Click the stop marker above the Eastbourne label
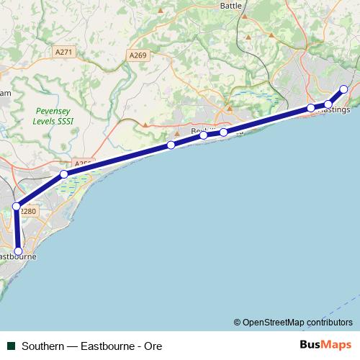pyautogui.click(x=19, y=252)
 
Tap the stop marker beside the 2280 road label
pyautogui.click(x=16, y=207)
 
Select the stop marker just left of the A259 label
pyautogui.click(x=64, y=174)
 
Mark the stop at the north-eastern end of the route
pyautogui.click(x=343, y=89)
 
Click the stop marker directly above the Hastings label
pyautogui.click(x=328, y=105)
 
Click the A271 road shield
pyautogui.click(x=65, y=52)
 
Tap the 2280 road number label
pyautogui.click(x=28, y=211)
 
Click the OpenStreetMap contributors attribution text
pyautogui.click(x=292, y=322)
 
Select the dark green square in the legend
pyautogui.click(x=11, y=346)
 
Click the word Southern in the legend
pyautogui.click(x=42, y=346)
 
